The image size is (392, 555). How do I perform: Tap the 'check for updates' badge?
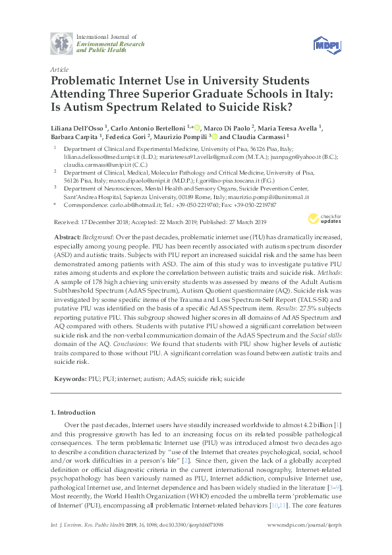click(x=322, y=255)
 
